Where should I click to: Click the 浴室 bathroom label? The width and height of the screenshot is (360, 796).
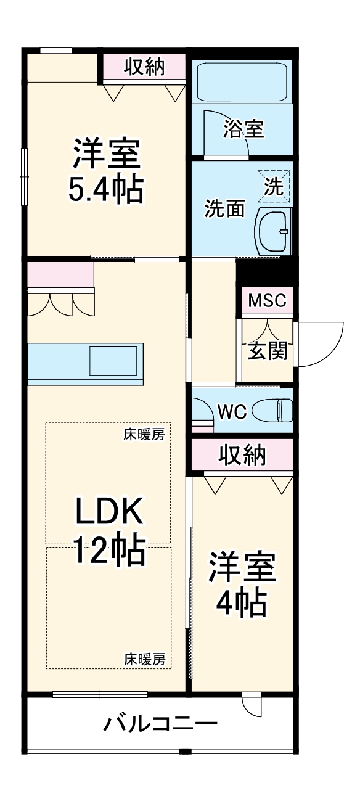point(243,129)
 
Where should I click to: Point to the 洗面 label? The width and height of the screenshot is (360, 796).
point(224,209)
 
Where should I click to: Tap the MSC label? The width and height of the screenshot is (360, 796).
point(267,301)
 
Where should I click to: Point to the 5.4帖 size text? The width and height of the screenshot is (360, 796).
point(106,190)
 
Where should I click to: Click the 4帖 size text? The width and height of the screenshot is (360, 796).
point(241,604)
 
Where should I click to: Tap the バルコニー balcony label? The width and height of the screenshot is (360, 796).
point(160,722)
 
